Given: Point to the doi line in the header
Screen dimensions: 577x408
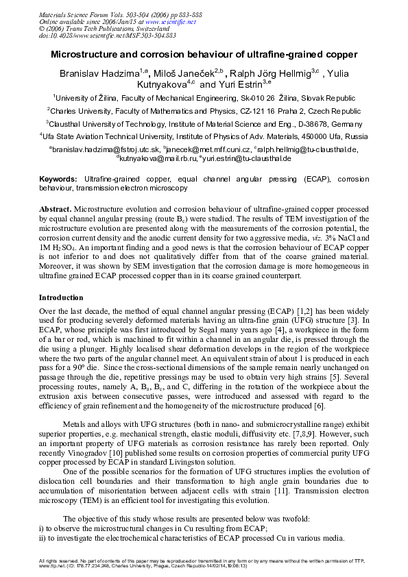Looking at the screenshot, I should [97, 35].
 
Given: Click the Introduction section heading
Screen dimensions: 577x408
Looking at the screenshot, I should [61, 297].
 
